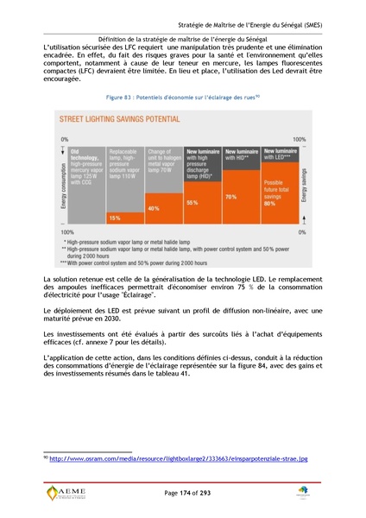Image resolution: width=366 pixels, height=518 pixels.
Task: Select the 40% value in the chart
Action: point(154,209)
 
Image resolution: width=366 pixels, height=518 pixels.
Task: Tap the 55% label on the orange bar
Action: point(192,201)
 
